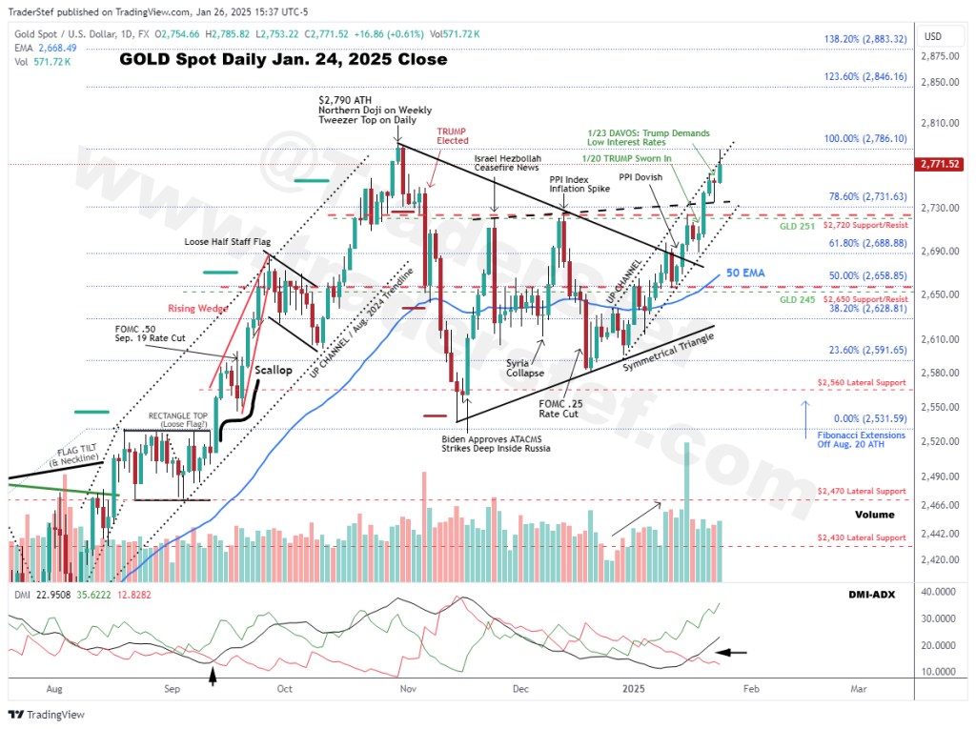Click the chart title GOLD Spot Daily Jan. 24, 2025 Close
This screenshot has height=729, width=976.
click(282, 59)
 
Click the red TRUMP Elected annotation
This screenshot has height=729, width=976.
click(453, 135)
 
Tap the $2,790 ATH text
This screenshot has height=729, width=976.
click(344, 98)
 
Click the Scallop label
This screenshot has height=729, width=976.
click(274, 370)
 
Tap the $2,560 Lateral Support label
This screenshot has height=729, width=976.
click(862, 382)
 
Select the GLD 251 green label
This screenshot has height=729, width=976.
click(799, 228)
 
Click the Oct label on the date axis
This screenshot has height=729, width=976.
click(284, 687)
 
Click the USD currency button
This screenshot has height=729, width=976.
click(932, 36)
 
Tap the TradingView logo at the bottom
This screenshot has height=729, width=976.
click(48, 714)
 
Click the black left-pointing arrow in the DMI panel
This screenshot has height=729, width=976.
click(732, 653)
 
